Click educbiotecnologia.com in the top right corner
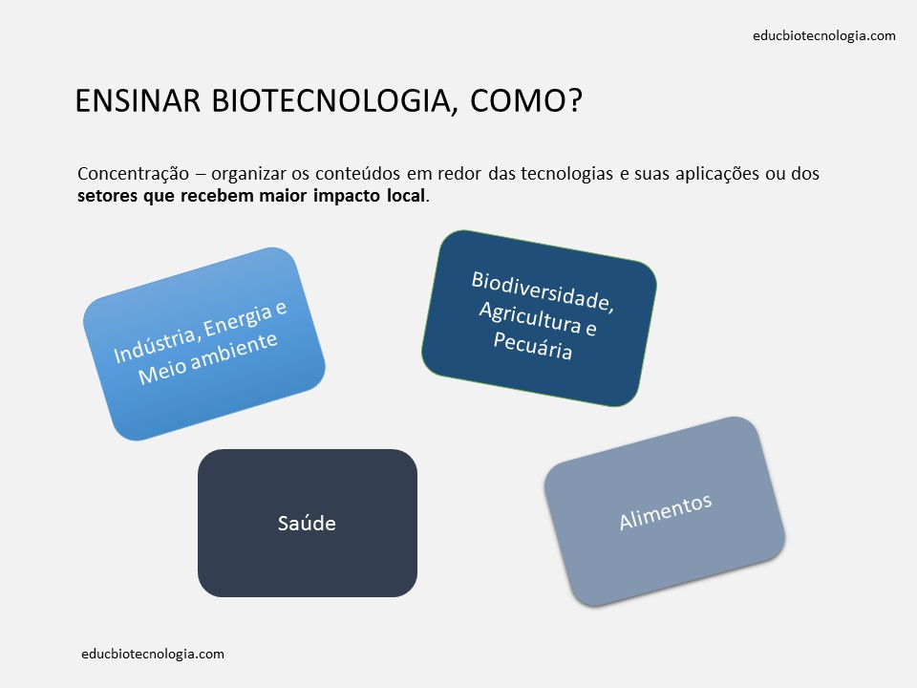824,36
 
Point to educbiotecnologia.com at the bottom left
154,655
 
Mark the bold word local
407,197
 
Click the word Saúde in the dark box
307,524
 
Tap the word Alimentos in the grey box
665,511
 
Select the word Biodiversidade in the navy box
542,291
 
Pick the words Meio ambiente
207,355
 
